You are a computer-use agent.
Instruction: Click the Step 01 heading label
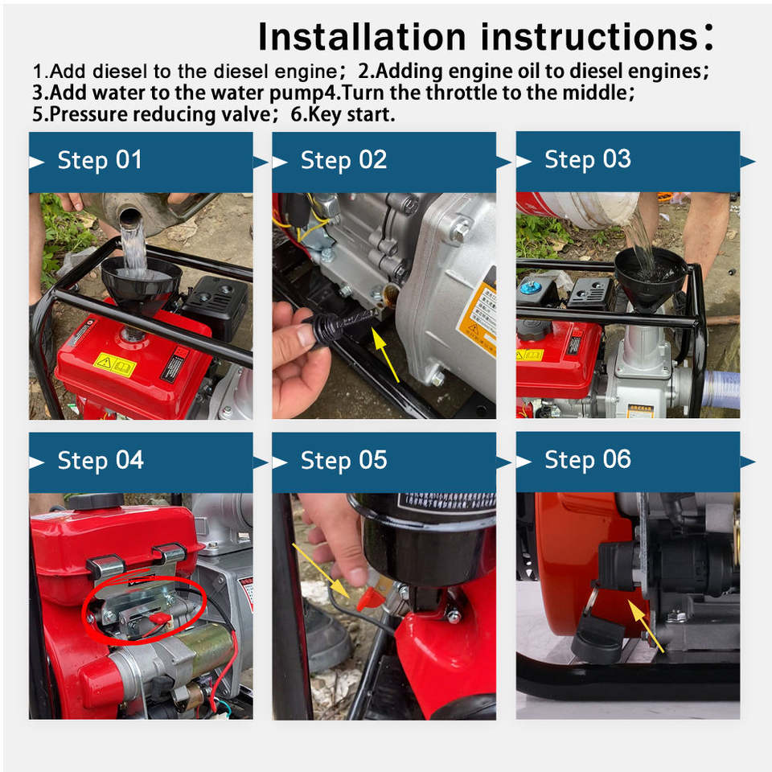(100, 161)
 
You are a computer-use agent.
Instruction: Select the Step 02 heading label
(343, 161)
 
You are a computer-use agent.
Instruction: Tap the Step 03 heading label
(587, 159)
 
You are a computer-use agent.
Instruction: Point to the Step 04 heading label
(101, 461)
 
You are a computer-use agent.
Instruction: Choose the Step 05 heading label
(343, 461)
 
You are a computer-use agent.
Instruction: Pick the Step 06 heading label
(587, 460)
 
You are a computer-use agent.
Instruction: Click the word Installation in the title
(362, 37)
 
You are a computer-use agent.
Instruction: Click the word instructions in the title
(589, 37)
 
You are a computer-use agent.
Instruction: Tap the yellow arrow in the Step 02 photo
(385, 355)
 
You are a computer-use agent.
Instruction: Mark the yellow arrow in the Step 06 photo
(646, 626)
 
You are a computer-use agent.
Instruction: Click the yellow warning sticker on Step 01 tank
(115, 364)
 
